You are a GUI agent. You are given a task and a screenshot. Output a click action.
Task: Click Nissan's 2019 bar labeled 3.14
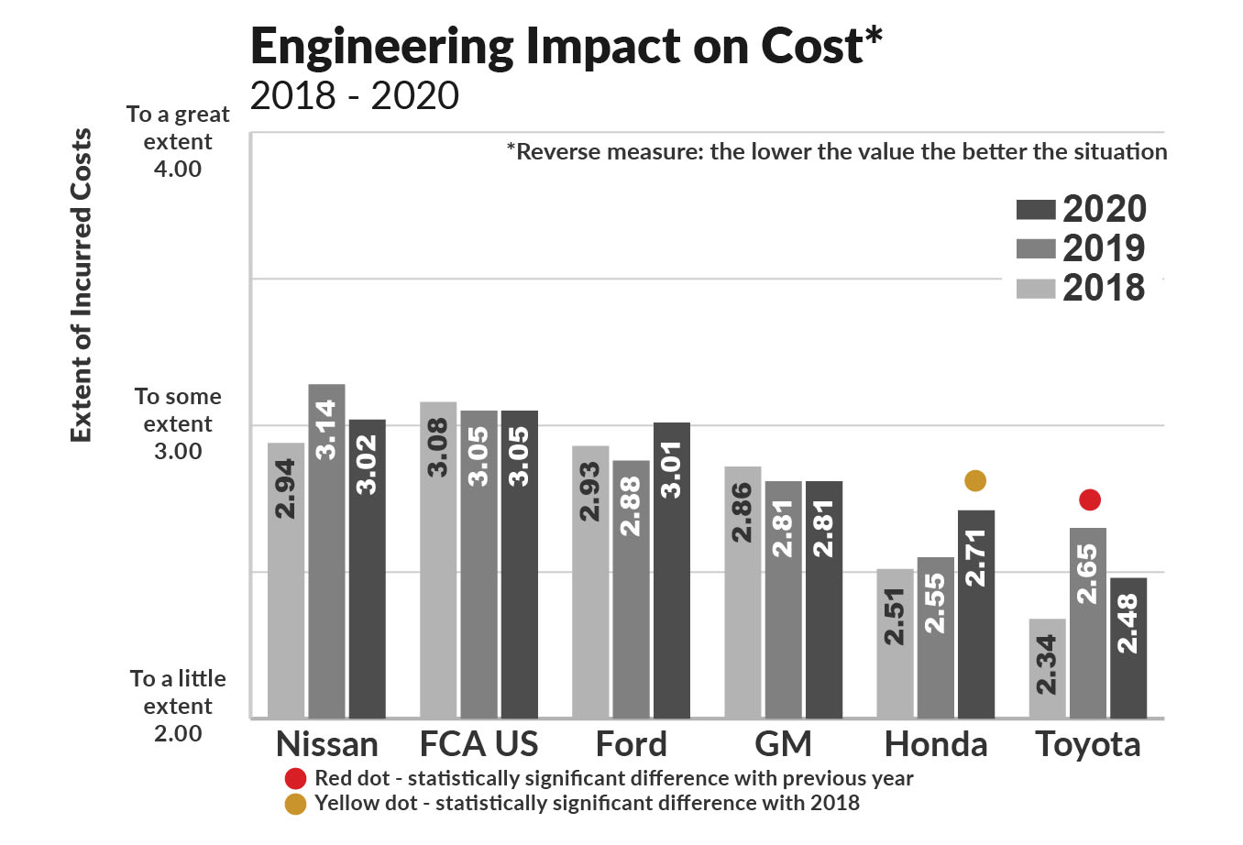click(326, 550)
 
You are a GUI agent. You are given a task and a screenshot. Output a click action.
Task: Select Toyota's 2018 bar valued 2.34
click(1047, 668)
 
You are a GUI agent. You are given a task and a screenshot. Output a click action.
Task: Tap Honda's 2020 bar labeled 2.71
click(975, 613)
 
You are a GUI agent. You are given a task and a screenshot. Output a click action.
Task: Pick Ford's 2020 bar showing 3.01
click(671, 569)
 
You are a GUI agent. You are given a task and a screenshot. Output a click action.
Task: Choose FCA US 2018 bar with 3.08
click(438, 559)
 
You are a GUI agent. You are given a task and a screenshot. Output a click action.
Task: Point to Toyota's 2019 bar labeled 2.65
click(1087, 622)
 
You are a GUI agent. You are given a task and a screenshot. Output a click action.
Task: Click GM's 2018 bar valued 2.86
click(742, 591)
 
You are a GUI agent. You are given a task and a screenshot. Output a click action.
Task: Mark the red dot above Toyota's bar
click(1089, 499)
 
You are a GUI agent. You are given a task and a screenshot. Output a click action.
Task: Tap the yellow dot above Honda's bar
click(975, 480)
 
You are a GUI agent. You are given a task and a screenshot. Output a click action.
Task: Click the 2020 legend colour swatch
click(1036, 210)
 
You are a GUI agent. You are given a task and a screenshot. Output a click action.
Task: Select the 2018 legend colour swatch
click(1036, 289)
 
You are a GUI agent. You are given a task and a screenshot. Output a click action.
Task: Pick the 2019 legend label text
click(1104, 248)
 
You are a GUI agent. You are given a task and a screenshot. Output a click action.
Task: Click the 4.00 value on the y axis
click(178, 169)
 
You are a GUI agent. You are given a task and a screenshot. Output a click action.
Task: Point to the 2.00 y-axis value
click(178, 733)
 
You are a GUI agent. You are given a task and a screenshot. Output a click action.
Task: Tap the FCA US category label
click(478, 744)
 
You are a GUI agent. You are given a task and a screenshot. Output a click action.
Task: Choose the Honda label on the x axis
click(936, 744)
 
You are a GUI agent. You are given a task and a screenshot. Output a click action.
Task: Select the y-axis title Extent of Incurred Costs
click(82, 285)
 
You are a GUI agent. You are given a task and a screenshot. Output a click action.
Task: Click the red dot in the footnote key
click(295, 779)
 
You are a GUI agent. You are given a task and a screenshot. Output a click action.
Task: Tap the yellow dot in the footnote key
click(295, 804)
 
